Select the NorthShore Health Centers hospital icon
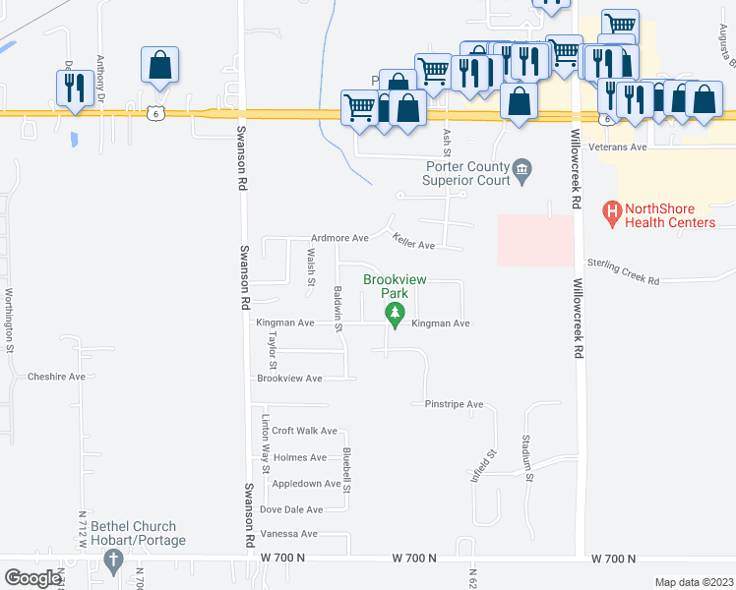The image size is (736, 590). tap(612, 210)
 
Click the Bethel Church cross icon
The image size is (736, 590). tap(112, 562)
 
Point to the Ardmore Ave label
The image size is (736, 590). tap(338, 238)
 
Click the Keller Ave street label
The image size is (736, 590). tap(413, 242)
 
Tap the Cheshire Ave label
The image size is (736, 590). tap(57, 377)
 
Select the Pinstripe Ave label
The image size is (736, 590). tap(454, 404)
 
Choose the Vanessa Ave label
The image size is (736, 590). tap(288, 534)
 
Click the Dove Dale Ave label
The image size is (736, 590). tap(291, 509)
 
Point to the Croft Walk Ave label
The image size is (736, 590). tap(304, 431)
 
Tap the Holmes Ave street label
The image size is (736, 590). tap(299, 457)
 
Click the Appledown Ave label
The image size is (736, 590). tap(306, 484)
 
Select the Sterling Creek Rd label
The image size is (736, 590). tap(623, 271)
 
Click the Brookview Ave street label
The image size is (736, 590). tap(289, 379)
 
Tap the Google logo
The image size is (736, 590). tap(32, 578)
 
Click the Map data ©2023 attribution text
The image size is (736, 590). tap(693, 582)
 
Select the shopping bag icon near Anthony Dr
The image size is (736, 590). tap(159, 66)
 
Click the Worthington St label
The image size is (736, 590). tap(9, 320)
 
